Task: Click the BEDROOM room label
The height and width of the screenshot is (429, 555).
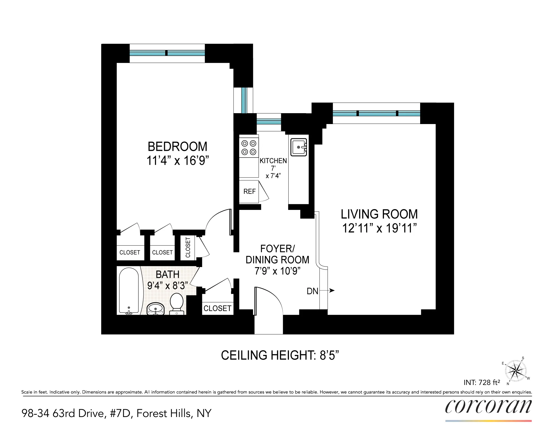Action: click(x=177, y=147)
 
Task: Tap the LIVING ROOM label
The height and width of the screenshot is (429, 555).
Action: click(x=379, y=214)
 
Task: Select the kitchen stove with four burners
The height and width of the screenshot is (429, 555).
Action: click(x=249, y=148)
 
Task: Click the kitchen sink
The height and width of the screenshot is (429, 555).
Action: click(x=299, y=147)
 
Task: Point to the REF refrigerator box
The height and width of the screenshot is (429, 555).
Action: click(x=249, y=192)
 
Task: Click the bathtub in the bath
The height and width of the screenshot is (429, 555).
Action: click(x=129, y=290)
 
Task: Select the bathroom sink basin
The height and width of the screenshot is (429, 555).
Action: click(x=155, y=309)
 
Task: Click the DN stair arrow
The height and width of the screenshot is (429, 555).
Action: click(x=331, y=290)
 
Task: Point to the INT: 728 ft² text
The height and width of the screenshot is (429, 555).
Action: click(x=482, y=382)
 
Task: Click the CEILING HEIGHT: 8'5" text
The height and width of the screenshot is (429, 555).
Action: click(x=280, y=355)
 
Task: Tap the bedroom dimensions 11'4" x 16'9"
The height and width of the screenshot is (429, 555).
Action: click(x=178, y=161)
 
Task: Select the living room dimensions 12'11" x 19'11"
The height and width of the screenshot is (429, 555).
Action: click(x=379, y=228)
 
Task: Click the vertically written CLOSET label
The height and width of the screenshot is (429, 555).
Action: click(x=188, y=248)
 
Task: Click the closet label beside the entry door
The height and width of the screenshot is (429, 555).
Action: click(x=217, y=308)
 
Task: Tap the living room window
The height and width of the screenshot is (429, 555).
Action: click(x=376, y=113)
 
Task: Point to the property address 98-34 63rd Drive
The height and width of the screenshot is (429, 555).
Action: click(x=116, y=413)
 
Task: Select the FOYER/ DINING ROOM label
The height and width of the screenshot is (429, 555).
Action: click(x=277, y=254)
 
